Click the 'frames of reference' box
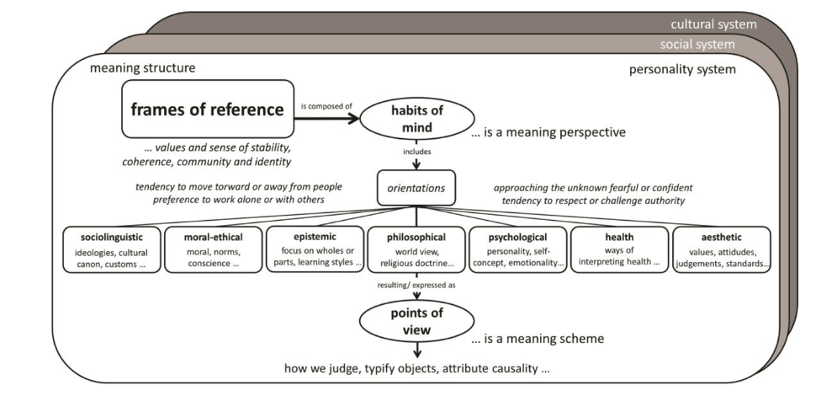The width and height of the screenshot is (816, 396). (207, 110)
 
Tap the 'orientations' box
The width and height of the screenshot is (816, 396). (416, 188)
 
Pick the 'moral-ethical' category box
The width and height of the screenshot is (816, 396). (212, 250)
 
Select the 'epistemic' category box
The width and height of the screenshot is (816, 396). (315, 250)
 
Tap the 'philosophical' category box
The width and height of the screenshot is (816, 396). (416, 250)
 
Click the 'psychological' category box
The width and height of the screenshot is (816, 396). (517, 250)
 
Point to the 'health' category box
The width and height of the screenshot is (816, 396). (618, 250)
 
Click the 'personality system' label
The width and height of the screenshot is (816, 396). (682, 69)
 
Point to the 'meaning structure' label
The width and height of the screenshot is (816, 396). (142, 67)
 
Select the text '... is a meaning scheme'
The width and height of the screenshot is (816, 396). (538, 340)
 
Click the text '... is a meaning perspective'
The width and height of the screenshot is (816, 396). (548, 133)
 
